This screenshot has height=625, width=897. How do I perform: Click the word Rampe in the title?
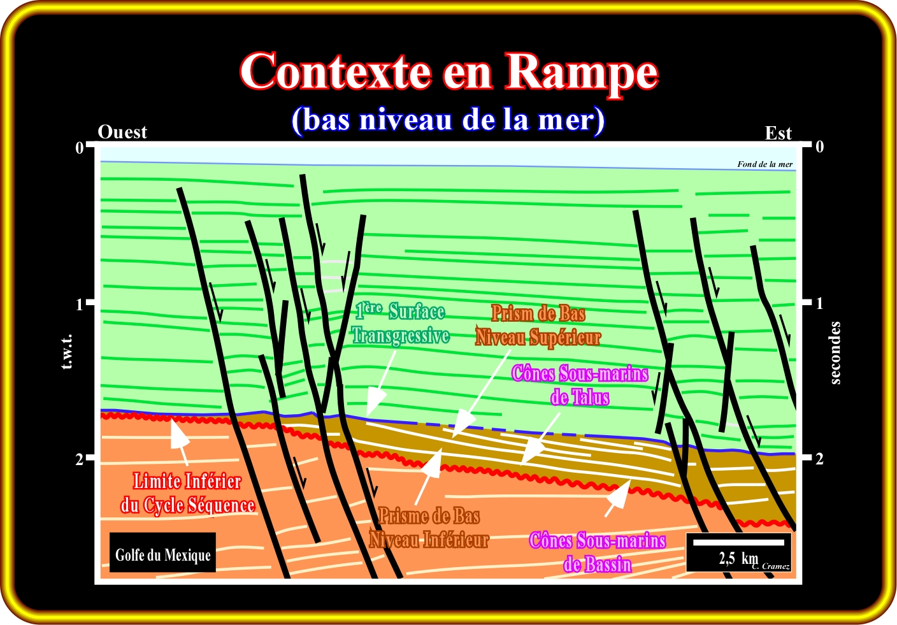[x=581, y=73]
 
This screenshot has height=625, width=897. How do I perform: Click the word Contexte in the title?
[x=335, y=71]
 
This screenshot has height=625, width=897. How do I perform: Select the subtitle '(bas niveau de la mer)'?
[x=448, y=120]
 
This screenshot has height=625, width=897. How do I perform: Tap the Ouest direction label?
[x=122, y=132]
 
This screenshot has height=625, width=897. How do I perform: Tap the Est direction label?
[x=778, y=133]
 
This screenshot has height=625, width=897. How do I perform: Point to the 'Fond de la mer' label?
[x=764, y=164]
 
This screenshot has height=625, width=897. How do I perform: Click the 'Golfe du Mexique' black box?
[x=162, y=552]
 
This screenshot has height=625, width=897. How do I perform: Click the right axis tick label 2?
[x=819, y=459]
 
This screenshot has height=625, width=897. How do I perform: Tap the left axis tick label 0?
[x=79, y=148]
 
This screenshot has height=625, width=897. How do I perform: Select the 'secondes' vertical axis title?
[x=835, y=353]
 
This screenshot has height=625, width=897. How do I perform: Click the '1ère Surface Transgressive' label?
[x=401, y=324]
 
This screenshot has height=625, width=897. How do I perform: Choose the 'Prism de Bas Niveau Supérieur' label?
[x=538, y=325]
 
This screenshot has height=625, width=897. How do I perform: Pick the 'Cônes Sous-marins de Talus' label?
[x=580, y=385]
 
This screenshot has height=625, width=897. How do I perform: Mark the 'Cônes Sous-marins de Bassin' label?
[x=598, y=552]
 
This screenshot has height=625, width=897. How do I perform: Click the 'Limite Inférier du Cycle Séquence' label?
[x=187, y=492]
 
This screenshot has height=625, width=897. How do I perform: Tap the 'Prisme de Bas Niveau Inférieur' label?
[x=429, y=528]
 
